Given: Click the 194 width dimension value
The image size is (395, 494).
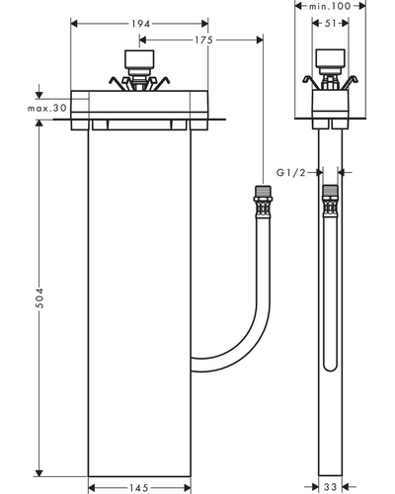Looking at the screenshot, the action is pyautogui.click(x=140, y=24).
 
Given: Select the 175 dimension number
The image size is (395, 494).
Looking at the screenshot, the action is pyautogui.click(x=203, y=41).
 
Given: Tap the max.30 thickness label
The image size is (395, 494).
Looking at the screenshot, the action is pyautogui.click(x=47, y=108).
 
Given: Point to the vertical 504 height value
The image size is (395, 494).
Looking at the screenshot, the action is pyautogui.click(x=39, y=297).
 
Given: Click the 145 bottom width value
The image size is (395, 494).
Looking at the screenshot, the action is pyautogui.click(x=139, y=488).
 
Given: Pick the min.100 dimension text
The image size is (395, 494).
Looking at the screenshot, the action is pyautogui.click(x=330, y=6).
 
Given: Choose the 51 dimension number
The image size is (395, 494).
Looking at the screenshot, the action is pyautogui.click(x=330, y=24).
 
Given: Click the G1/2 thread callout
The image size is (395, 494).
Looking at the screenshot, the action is pyautogui.click(x=291, y=172).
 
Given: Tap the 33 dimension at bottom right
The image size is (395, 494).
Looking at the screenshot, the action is pyautogui.click(x=330, y=487).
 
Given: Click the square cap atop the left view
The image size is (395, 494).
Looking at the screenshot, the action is pyautogui.click(x=139, y=59).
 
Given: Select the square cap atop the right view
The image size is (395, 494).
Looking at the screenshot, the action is pyautogui.click(x=331, y=59).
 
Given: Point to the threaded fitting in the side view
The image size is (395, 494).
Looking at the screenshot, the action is pyautogui.click(x=330, y=201).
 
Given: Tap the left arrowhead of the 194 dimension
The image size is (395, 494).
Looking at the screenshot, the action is pyautogui.click(x=74, y=24).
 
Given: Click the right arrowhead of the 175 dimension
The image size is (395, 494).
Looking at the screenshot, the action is pyautogui.click(x=260, y=41).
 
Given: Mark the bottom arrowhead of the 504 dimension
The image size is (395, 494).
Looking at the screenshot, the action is pyautogui.click(x=39, y=473).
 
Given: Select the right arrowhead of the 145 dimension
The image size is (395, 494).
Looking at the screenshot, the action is pyautogui.click(x=188, y=488).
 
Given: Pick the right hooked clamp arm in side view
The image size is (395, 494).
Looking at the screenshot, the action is pyautogui.click(x=350, y=82).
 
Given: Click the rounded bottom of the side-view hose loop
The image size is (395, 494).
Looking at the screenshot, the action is pyautogui.click(x=330, y=370).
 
